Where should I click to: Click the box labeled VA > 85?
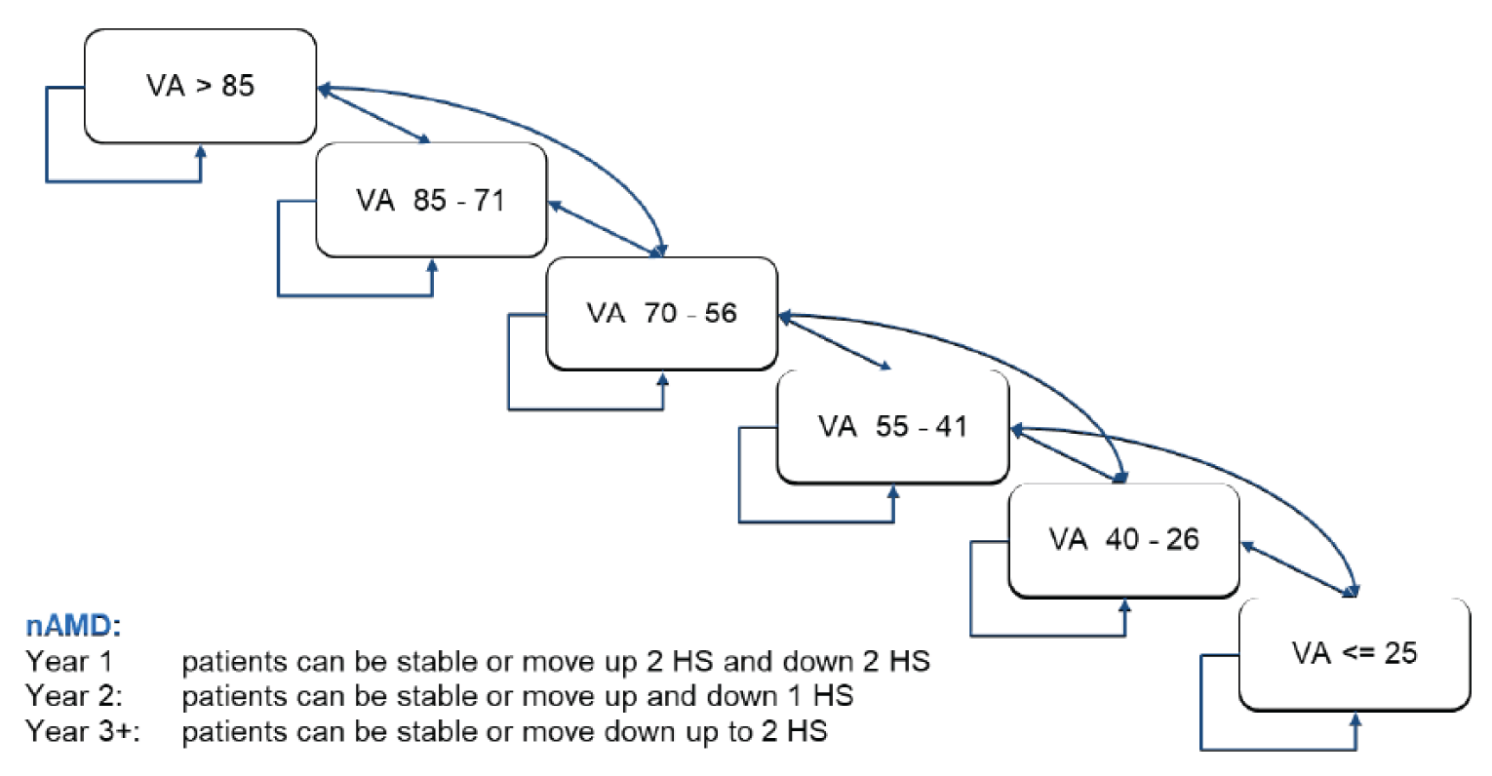coord(200,86)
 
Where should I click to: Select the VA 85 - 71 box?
coord(431,200)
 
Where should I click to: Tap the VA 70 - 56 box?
coord(661,313)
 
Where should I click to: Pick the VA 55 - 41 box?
coord(892,426)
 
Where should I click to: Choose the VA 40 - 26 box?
coord(1123,539)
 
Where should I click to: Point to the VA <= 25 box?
coord(1354,652)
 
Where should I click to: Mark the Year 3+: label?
coord(83,731)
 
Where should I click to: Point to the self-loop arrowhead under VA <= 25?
coord(1355,718)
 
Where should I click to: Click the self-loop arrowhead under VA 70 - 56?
coord(663,377)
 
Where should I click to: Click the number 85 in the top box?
coord(237,86)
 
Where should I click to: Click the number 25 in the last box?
coord(1399,652)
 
